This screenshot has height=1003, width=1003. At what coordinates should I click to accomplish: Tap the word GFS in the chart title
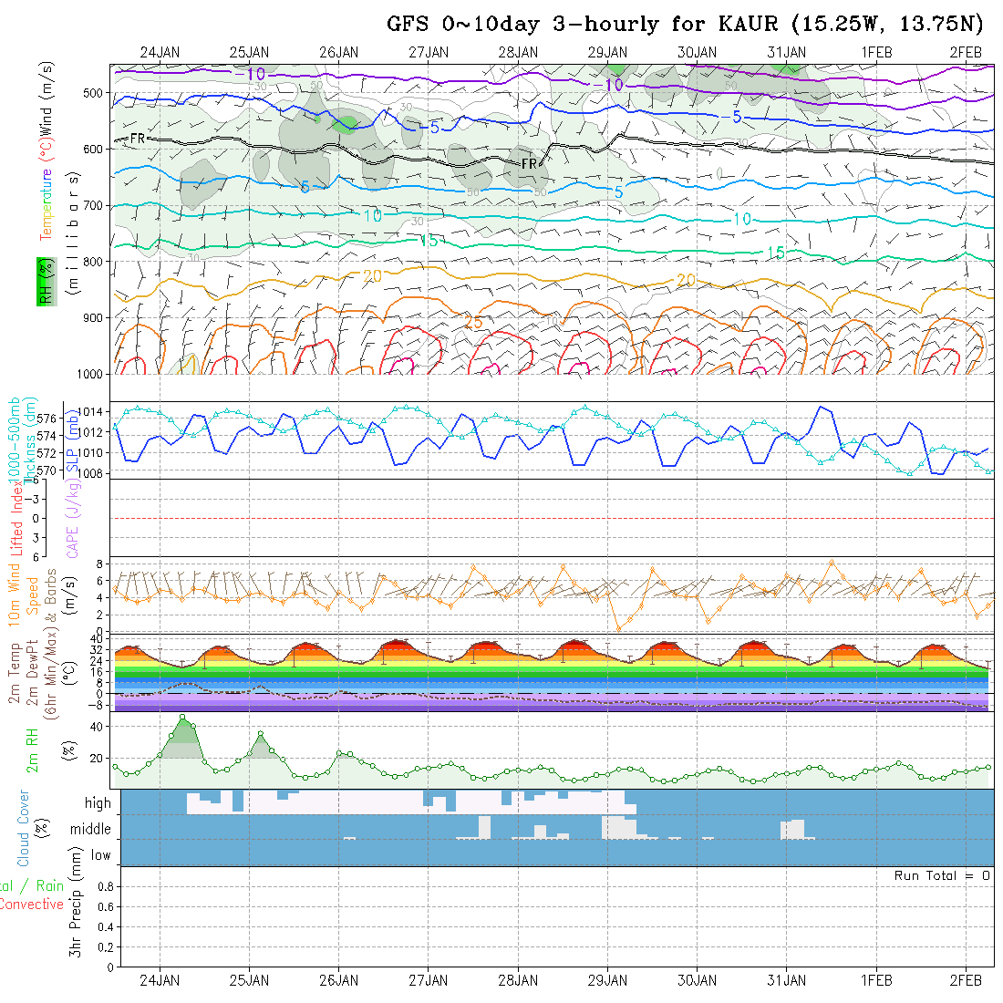408,24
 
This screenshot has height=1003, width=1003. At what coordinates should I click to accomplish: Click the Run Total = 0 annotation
942,875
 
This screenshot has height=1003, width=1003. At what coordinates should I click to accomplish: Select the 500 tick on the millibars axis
97,92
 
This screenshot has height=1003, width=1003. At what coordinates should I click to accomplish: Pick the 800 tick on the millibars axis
97,262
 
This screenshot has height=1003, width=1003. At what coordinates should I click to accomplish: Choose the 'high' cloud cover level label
98,803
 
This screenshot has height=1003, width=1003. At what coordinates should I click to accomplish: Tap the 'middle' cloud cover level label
91,830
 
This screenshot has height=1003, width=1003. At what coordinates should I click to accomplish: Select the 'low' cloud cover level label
100,855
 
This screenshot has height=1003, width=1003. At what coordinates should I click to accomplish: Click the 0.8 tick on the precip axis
103,886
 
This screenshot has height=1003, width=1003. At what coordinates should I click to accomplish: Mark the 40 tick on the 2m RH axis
94,726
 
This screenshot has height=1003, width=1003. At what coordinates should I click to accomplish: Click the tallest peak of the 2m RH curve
182,718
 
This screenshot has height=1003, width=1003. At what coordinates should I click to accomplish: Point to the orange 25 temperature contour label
473,323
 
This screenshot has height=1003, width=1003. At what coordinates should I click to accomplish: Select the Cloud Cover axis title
25,828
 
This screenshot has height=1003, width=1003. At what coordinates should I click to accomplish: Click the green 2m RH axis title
32,750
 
